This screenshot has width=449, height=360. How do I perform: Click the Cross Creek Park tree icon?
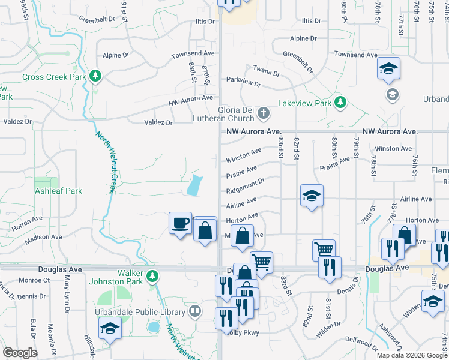[x=95, y=76]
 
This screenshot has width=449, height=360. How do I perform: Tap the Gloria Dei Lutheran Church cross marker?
[x=262, y=113]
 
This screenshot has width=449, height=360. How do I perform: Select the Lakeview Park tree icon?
[x=340, y=103]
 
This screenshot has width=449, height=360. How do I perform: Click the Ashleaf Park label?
[x=58, y=191]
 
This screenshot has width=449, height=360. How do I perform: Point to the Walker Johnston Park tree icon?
[x=153, y=276]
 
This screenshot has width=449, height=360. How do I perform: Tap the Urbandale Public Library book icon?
[x=195, y=311]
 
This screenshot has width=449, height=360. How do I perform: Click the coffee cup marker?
[x=180, y=224]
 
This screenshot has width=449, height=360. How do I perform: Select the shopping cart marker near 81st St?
[x=324, y=249]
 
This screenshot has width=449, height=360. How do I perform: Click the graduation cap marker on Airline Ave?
[x=311, y=196]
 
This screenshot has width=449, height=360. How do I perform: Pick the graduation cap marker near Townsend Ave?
[x=388, y=68]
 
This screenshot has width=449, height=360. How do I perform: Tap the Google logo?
[x=20, y=352]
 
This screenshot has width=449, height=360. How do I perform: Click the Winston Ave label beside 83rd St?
[x=244, y=155]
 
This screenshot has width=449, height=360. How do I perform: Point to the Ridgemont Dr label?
[x=246, y=186]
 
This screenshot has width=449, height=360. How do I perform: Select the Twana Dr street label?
[x=266, y=70]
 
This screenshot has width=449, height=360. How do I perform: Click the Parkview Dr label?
[x=243, y=81]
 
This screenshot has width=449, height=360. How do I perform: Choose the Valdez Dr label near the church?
[x=158, y=122]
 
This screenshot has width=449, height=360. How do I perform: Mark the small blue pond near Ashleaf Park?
[x=193, y=185]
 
